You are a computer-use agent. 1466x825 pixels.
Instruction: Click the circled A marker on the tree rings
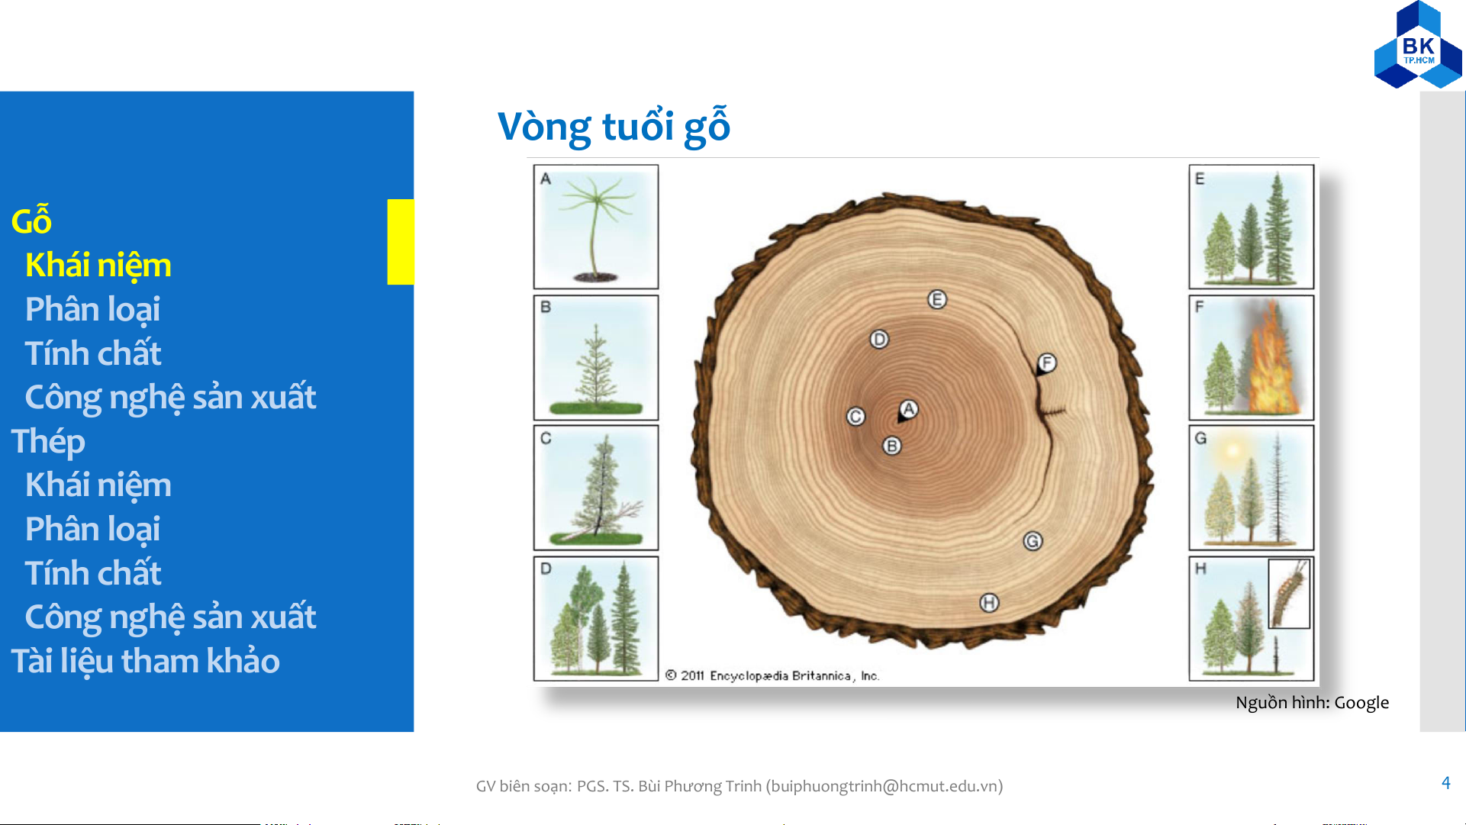click(x=908, y=409)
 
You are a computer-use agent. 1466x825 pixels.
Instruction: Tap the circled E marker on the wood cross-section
click(x=937, y=299)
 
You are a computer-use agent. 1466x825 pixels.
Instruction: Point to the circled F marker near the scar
click(x=1046, y=363)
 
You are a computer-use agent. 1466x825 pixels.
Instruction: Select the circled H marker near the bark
click(x=989, y=603)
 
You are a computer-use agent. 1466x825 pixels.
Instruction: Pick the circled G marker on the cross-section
click(x=1033, y=541)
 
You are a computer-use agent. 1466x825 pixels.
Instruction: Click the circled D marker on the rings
click(x=879, y=339)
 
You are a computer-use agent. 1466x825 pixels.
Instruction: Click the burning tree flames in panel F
click(x=1269, y=359)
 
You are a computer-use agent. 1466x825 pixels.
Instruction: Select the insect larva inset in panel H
click(x=1289, y=594)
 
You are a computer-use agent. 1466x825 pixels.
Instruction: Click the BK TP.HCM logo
click(x=1418, y=45)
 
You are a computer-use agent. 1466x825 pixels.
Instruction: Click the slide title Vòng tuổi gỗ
click(x=614, y=127)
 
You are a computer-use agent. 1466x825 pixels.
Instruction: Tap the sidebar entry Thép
click(x=48, y=443)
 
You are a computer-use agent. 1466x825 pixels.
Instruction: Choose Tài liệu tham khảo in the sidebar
click(x=145, y=662)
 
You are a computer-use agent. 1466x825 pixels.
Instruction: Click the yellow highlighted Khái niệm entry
click(x=98, y=266)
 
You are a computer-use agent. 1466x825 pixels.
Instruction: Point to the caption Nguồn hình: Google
click(x=1312, y=703)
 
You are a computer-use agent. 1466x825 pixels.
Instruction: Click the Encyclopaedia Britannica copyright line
click(x=772, y=675)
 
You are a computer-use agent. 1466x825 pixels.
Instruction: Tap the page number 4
click(x=1445, y=783)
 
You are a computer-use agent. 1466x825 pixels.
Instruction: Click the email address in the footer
click(x=885, y=786)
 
